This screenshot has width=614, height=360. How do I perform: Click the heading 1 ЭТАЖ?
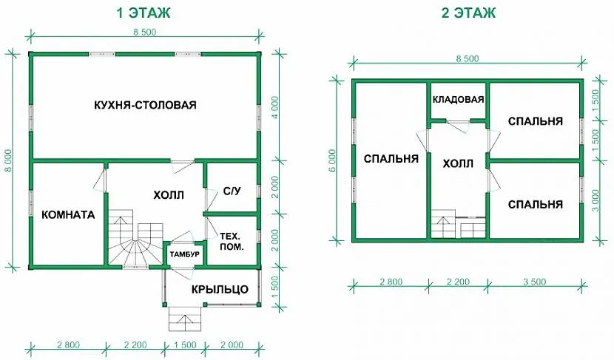click(x=144, y=13)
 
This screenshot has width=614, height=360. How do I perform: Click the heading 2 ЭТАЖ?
click(x=468, y=13)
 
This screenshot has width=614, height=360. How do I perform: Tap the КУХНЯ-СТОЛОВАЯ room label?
click(x=145, y=105)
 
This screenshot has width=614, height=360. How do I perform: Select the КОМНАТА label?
click(x=68, y=215)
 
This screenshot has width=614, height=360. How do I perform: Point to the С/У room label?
click(x=232, y=191)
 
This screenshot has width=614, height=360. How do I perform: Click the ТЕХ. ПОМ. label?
click(x=232, y=242)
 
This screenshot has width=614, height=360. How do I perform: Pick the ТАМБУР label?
click(x=184, y=254)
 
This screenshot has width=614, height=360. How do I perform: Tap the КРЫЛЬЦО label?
click(x=220, y=290)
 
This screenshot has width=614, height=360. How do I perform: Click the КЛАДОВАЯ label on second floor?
click(x=458, y=99)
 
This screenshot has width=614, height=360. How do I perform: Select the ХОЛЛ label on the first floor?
click(x=169, y=195)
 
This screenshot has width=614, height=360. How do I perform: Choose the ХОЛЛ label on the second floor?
click(x=458, y=163)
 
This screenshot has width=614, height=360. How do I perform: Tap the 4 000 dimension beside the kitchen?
click(x=275, y=107)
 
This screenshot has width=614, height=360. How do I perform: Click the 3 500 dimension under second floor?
click(x=535, y=282)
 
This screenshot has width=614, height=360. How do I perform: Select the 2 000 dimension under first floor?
click(x=232, y=344)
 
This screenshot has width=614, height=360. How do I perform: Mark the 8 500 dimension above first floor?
click(x=144, y=32)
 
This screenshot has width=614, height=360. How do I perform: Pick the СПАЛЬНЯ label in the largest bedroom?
click(x=391, y=159)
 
